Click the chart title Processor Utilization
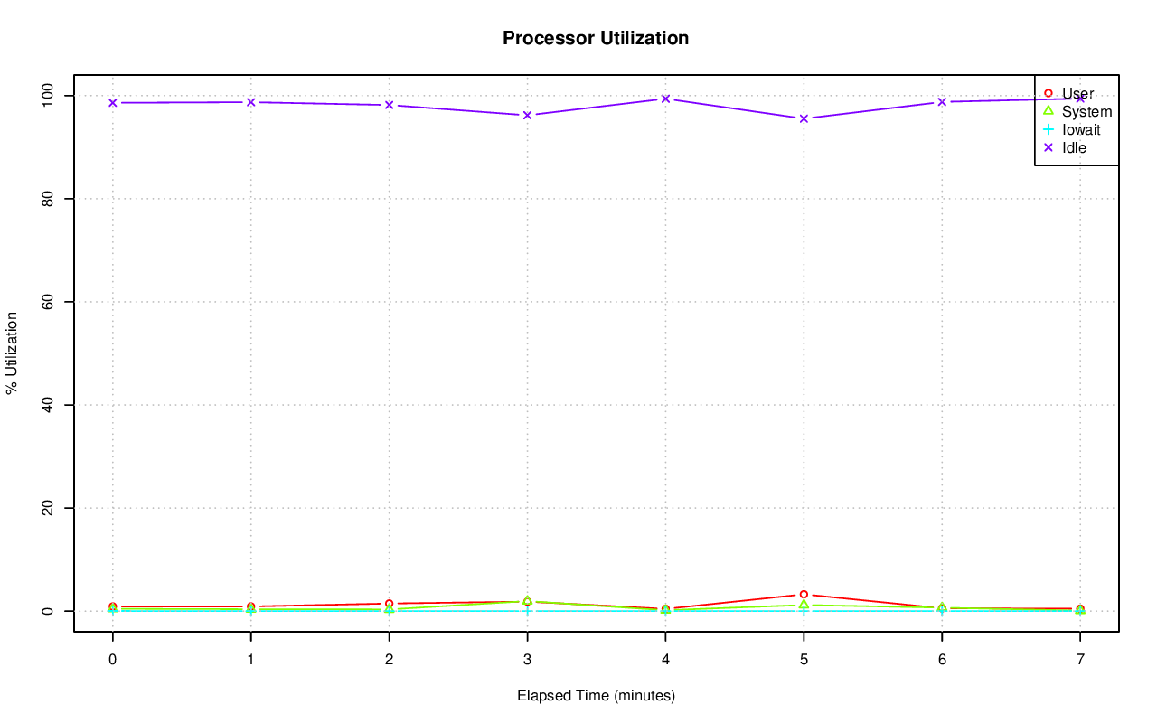(x=596, y=38)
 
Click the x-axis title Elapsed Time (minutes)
(x=596, y=696)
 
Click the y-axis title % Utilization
(x=12, y=353)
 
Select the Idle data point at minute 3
(x=527, y=115)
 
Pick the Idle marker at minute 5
(x=804, y=118)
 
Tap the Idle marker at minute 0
(x=112, y=102)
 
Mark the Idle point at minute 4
(x=665, y=99)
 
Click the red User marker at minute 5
(x=804, y=595)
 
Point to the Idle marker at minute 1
(x=250, y=102)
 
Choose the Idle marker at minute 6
(x=942, y=102)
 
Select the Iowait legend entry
(x=1081, y=129)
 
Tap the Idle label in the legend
(x=1074, y=147)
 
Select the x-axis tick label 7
(x=1080, y=660)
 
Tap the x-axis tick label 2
(x=389, y=660)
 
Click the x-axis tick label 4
(x=665, y=660)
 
